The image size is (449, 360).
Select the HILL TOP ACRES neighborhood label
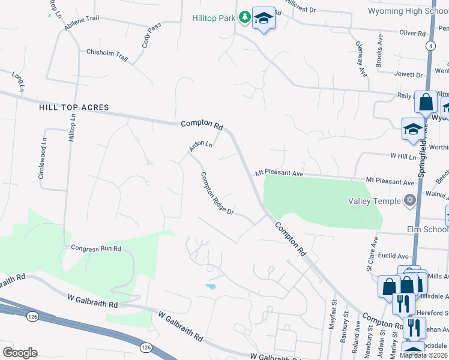tap(74, 107)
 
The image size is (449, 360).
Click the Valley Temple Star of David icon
tap(410, 200)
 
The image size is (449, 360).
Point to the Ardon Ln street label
tap(200, 145)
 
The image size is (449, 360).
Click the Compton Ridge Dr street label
tap(216, 194)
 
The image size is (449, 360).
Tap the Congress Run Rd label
tap(96, 248)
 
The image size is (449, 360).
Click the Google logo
tap(20, 353)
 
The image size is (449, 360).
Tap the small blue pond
tap(210, 287)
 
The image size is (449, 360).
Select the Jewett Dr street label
tap(408, 74)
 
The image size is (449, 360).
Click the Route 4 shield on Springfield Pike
tap(430, 46)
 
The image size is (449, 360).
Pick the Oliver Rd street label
tap(412, 34)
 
